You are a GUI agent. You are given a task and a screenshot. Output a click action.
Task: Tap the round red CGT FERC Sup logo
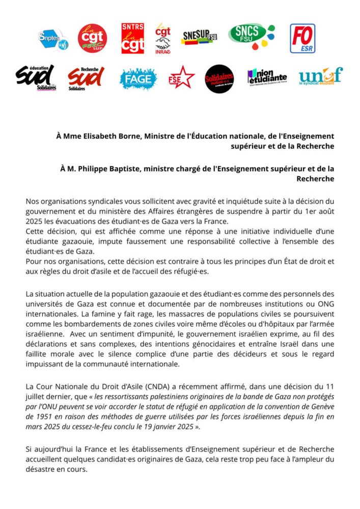(x=92, y=38)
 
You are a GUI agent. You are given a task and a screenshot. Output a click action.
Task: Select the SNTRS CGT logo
(x=132, y=38)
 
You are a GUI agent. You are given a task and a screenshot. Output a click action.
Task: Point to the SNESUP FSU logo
(x=198, y=38)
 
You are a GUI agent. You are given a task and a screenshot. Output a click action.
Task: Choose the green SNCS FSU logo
(x=251, y=37)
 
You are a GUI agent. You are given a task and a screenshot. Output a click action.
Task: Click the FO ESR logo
(x=302, y=38)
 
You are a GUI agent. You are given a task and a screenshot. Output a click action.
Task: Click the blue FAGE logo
(x=138, y=79)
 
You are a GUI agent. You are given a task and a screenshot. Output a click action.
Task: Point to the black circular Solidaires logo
(x=219, y=78)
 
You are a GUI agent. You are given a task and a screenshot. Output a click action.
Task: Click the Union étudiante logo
(x=267, y=77)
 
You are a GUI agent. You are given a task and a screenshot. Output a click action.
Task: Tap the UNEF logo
(x=320, y=76)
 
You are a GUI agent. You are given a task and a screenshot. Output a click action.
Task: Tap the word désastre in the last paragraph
(x=40, y=469)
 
